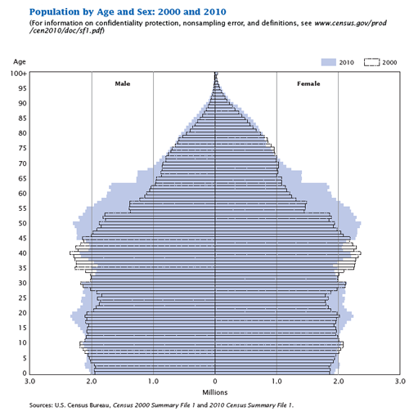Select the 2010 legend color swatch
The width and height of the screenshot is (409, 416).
330,62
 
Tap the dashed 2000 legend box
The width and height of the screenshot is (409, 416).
372,62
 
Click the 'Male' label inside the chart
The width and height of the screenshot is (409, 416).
122,83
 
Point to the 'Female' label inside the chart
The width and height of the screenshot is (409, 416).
308,83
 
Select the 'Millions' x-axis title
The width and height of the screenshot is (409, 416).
215,393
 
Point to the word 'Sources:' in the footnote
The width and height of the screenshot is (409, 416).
40,405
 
